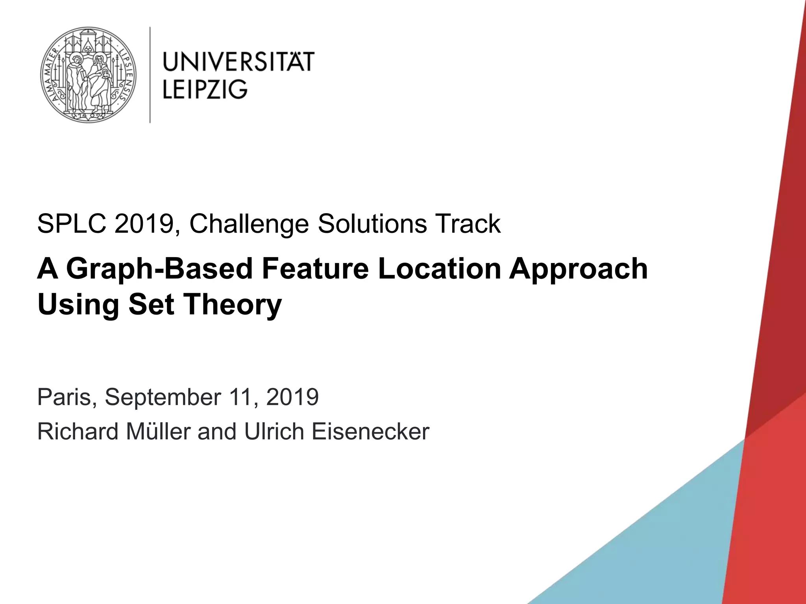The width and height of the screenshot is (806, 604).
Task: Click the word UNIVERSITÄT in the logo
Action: point(238,62)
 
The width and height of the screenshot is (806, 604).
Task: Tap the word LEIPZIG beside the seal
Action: point(205,89)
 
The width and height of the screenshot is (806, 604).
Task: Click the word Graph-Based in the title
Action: point(159,269)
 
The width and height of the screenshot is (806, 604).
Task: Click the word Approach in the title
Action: point(578,269)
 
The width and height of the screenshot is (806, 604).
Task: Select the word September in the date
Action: point(163,397)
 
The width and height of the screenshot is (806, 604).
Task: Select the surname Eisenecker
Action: point(370,431)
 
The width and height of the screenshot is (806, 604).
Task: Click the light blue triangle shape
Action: point(649,543)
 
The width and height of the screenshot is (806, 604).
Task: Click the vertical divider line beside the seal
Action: point(150,75)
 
